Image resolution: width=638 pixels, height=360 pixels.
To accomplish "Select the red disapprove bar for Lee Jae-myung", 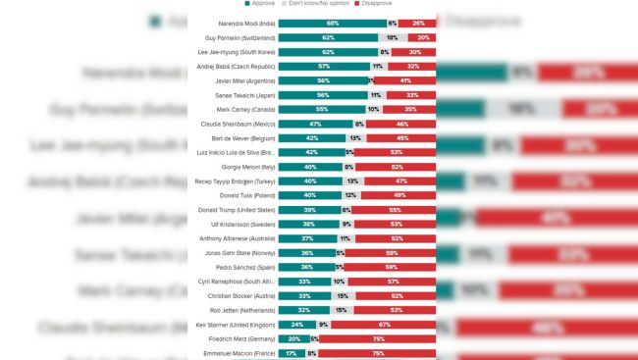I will (414, 51).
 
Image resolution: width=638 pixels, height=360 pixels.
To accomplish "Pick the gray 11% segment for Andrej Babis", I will (377, 66).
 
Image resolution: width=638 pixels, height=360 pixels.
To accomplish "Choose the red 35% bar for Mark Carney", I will (411, 109).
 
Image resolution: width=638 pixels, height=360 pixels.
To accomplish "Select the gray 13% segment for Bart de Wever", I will (354, 138).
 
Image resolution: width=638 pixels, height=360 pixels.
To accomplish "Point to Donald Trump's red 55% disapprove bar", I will (395, 210).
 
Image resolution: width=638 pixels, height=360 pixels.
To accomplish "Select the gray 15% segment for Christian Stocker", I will (342, 295).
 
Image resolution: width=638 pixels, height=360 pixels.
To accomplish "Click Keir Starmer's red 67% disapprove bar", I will (385, 325).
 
